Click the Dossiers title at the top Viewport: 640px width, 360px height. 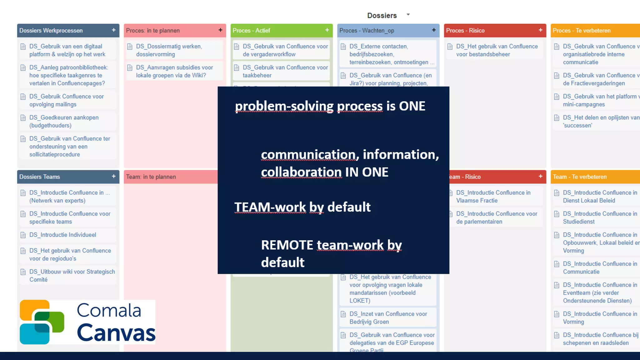click(382, 15)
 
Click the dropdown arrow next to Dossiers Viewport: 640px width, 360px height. click(408, 15)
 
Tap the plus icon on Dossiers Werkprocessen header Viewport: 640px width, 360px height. click(114, 30)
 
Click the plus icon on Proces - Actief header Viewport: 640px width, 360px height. click(327, 30)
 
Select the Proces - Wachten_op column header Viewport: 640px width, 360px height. click(367, 31)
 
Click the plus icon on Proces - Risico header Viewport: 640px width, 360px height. click(540, 30)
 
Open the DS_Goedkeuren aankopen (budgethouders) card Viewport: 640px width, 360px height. click(64, 121)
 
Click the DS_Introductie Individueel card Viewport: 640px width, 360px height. click(62, 235)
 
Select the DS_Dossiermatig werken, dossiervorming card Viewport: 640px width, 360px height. click(169, 50)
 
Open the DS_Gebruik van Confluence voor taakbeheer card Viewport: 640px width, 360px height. click(285, 71)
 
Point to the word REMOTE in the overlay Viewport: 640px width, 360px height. click(287, 245)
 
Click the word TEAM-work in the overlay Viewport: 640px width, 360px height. click(270, 207)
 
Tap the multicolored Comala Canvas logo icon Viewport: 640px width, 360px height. click(42, 322)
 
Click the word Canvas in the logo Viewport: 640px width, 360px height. click(116, 332)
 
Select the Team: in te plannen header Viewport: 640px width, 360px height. click(151, 177)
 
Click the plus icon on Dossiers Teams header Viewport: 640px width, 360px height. click(114, 177)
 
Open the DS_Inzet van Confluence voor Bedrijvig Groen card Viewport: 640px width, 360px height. click(388, 317)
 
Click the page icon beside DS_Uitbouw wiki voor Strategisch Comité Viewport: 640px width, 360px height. click(23, 272)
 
